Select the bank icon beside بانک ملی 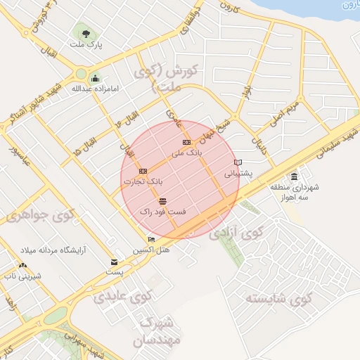[x=186, y=142]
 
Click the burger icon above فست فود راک [x=163, y=201]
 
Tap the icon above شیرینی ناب [x=23, y=266]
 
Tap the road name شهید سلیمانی [x=330, y=143]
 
